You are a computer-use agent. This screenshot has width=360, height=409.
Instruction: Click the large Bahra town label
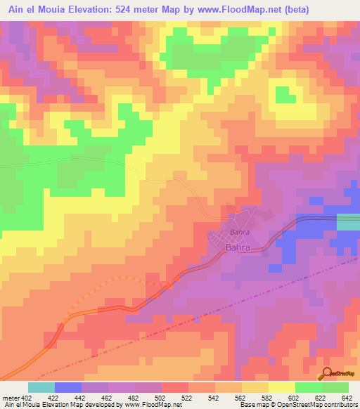tap(238, 248)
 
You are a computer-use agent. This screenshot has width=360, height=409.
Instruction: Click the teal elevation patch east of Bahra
tap(348, 222)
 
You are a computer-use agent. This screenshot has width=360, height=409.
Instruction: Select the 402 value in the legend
tap(27, 398)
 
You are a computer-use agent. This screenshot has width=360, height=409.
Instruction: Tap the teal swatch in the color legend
tap(41, 387)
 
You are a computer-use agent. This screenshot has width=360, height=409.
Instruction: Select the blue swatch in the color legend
tap(68, 387)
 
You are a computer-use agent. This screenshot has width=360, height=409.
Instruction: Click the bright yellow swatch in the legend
tap(282, 387)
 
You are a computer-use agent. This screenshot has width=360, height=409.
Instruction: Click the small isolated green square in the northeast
tap(285, 94)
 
